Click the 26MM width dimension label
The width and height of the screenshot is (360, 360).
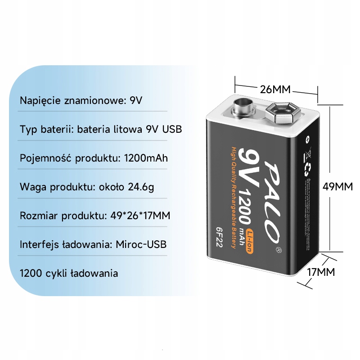(275, 89)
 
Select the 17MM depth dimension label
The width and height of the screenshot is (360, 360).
(320, 272)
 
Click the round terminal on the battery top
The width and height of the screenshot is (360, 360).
(243, 108)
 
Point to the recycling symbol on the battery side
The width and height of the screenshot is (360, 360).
(308, 169)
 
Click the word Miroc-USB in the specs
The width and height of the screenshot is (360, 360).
(141, 244)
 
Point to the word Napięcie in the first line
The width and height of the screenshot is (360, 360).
(39, 100)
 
